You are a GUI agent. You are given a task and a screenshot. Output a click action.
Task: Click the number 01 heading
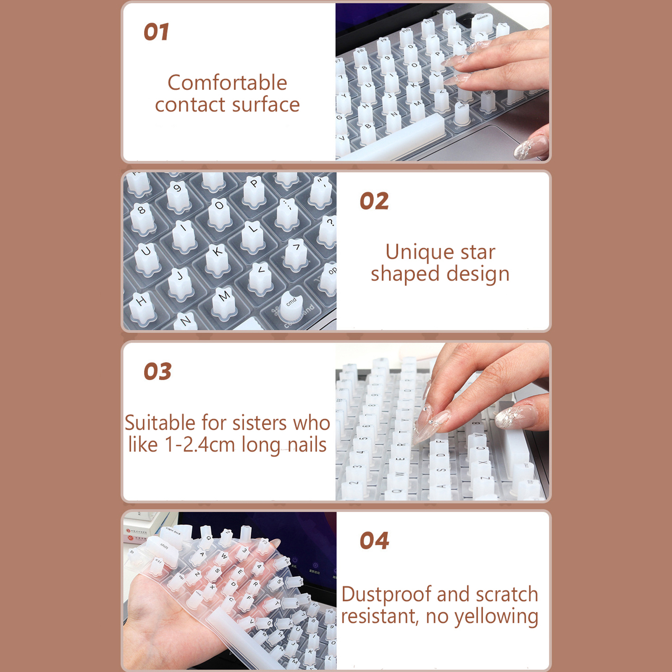(156, 32)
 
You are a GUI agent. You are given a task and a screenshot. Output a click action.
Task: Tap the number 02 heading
(374, 201)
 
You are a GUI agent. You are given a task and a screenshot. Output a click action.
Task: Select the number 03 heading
(157, 371)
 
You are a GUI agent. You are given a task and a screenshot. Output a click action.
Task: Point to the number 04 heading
(374, 541)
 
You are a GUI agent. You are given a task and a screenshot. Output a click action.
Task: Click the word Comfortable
(227, 82)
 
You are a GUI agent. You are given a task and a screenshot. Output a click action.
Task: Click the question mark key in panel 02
(329, 229)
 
